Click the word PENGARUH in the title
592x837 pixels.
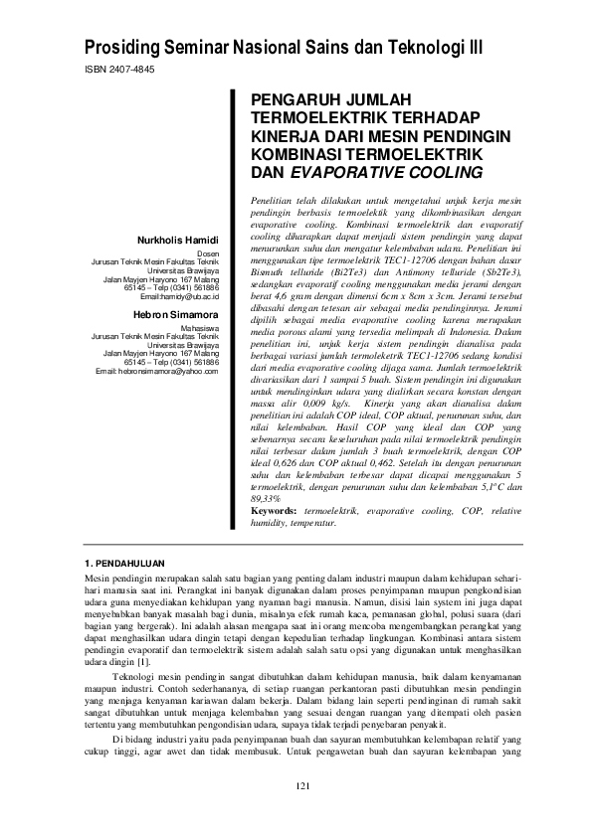coord(295,101)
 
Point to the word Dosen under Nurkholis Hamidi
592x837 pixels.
coord(219,253)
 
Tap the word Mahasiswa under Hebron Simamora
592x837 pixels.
coord(211,327)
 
